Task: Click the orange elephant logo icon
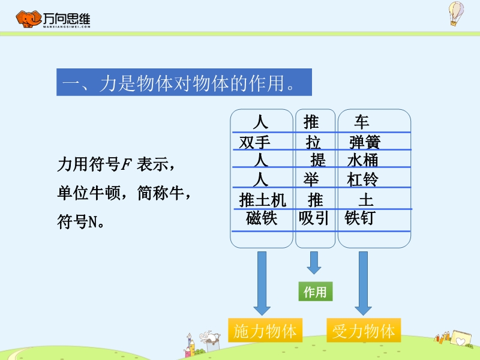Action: click(28, 19)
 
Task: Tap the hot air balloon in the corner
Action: click(456, 13)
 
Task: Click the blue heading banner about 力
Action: click(184, 82)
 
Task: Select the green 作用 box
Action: click(316, 292)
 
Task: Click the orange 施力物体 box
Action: click(265, 330)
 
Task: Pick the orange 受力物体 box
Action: click(364, 330)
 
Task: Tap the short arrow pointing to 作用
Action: click(314, 263)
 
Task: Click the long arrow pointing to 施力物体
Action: click(262, 283)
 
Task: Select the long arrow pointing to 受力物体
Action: click(363, 283)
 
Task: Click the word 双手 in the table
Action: click(254, 142)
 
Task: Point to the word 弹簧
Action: click(365, 142)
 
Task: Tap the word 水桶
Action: click(363, 160)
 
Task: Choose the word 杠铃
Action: click(363, 179)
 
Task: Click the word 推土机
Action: click(262, 200)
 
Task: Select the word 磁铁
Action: click(262, 218)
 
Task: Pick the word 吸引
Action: click(314, 218)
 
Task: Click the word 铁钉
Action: click(359, 218)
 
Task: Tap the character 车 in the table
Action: click(362, 122)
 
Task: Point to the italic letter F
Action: click(127, 164)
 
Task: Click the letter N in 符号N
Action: click(93, 221)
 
